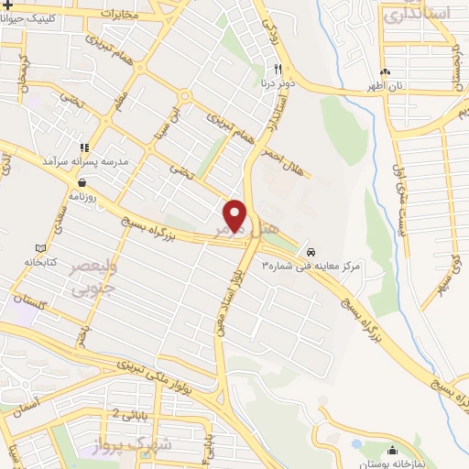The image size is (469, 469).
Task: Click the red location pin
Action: (x=235, y=216)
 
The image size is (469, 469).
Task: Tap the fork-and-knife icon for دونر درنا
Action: (x=277, y=70)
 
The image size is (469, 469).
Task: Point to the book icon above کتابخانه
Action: (x=38, y=248)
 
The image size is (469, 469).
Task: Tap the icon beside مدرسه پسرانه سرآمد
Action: (x=84, y=147)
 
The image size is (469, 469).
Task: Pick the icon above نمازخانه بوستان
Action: (x=393, y=451)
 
